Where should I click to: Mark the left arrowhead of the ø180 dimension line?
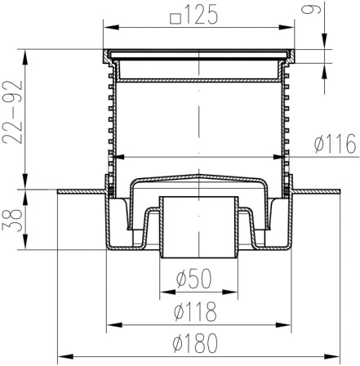click(x=60, y=355)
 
